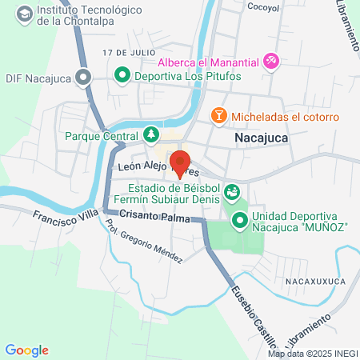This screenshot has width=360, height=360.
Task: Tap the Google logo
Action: click(26, 350)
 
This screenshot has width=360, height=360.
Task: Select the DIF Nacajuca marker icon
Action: click(82, 78)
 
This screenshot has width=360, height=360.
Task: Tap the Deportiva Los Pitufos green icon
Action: click(122, 76)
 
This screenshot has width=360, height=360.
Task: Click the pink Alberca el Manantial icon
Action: click(271, 60)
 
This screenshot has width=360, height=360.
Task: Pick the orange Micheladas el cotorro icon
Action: click(218, 117)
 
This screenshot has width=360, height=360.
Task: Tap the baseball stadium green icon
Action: click(232, 190)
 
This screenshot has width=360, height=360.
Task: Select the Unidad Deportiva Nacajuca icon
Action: click(239, 218)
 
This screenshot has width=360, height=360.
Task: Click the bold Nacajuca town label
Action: click(262, 138)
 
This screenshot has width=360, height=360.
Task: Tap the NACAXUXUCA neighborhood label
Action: click(314, 282)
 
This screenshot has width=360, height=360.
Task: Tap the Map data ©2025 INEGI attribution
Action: click(311, 354)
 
